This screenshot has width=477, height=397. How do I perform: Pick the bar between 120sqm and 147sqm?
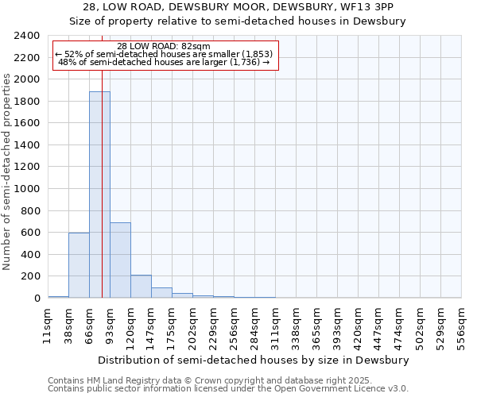click(x=141, y=287)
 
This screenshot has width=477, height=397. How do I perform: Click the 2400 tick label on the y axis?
click(x=26, y=36)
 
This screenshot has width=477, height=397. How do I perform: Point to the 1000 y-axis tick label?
click(x=26, y=189)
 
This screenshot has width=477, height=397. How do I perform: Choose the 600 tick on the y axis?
click(x=29, y=233)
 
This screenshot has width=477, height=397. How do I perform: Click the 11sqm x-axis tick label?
click(x=48, y=323)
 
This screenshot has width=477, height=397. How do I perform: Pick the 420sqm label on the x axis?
click(x=358, y=326)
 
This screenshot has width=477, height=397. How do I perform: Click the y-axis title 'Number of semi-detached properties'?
click(x=8, y=172)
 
